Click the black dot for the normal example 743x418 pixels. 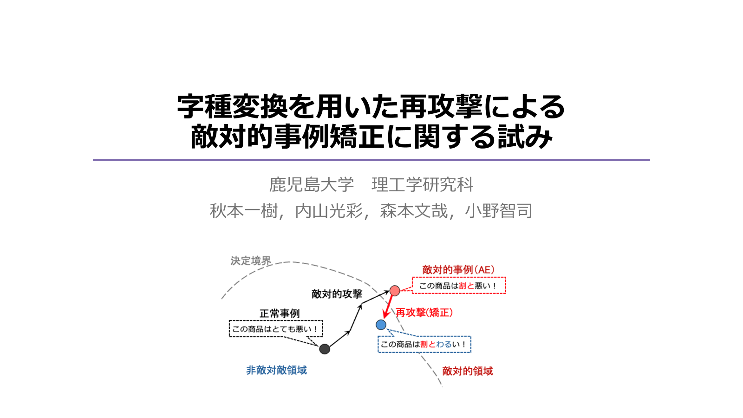pyautogui.click(x=325, y=349)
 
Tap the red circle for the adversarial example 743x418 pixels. pyautogui.click(x=395, y=291)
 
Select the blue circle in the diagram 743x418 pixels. pyautogui.click(x=381, y=325)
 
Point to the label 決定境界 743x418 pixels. pyautogui.click(x=251, y=261)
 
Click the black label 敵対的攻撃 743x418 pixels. pyautogui.click(x=337, y=294)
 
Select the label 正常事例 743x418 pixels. pyautogui.click(x=280, y=313)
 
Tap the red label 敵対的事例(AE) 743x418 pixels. pyautogui.click(x=458, y=270)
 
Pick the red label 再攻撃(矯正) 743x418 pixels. pyautogui.click(x=424, y=313)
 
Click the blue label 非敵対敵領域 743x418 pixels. pyautogui.click(x=276, y=370)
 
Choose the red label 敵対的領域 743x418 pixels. pyautogui.click(x=467, y=371)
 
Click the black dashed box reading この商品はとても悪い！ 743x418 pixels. pyautogui.click(x=275, y=329)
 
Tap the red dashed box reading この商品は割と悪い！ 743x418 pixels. pyautogui.click(x=458, y=286)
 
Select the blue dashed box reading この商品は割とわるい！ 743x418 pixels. pyautogui.click(x=424, y=344)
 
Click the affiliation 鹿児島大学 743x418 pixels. pyautogui.click(x=311, y=185)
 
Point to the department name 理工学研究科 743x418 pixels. pyautogui.click(x=422, y=185)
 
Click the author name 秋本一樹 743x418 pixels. pyautogui.click(x=244, y=211)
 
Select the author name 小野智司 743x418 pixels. pyautogui.click(x=499, y=211)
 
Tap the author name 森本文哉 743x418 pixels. pyautogui.click(x=414, y=211)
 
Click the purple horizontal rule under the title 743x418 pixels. pyautogui.click(x=371, y=160)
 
